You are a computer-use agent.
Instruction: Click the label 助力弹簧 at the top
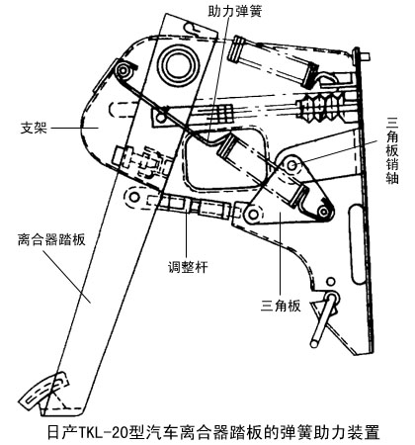pyautogui.click(x=235, y=11)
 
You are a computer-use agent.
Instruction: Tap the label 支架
pyautogui.click(x=34, y=128)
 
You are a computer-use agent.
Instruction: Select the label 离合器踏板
pyautogui.click(x=51, y=239)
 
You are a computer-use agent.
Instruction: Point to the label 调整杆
pyautogui.click(x=188, y=267)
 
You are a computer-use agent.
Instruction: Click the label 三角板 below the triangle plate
pyautogui.click(x=281, y=306)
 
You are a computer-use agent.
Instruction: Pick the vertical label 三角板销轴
pyautogui.click(x=392, y=150)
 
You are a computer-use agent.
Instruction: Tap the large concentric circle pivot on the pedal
pyautogui.click(x=178, y=64)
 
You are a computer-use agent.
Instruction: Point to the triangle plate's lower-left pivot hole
pyautogui.click(x=253, y=215)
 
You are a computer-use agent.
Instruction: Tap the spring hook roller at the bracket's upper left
pyautogui.click(x=123, y=70)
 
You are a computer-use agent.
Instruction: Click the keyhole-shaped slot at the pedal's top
pyautogui.click(x=195, y=29)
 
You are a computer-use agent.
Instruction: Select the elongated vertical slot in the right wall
pyautogui.click(x=357, y=244)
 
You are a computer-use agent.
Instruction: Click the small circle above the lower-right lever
pyautogui.click(x=331, y=281)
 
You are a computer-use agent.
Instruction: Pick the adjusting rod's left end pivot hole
pyautogui.click(x=134, y=197)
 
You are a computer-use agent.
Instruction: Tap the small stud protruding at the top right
pyautogui.click(x=365, y=56)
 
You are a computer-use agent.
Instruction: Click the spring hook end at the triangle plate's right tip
pyautogui.click(x=323, y=212)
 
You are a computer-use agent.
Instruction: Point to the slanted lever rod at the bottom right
pyautogui.click(x=324, y=319)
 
